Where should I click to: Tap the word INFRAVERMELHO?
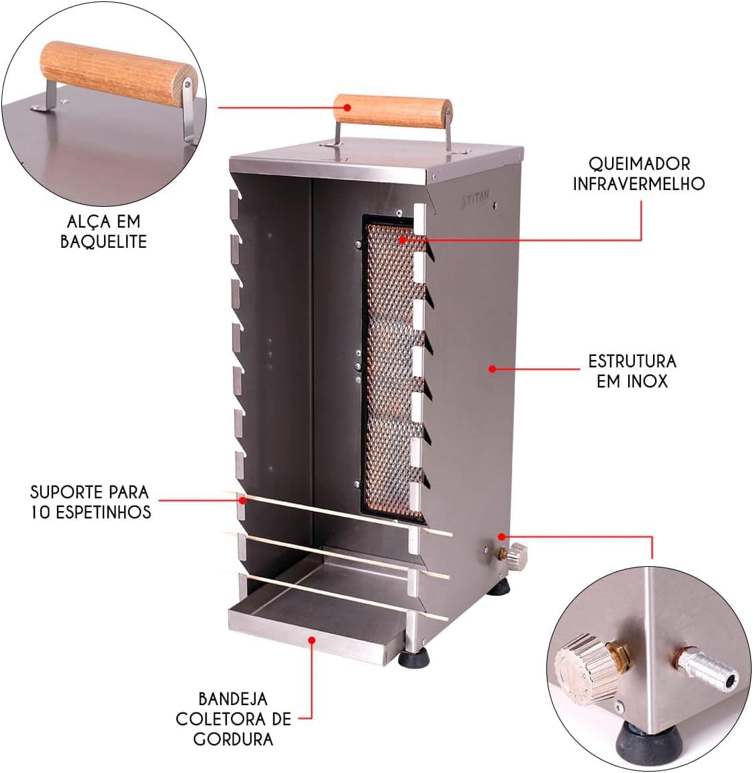(638, 183)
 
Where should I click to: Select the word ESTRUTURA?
(632, 361)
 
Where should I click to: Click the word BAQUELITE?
(103, 242)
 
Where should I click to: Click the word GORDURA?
(233, 739)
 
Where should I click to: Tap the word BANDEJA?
(233, 698)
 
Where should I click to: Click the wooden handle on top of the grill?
(393, 108)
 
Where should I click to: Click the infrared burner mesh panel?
(393, 369)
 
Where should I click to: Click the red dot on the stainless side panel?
(492, 368)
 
